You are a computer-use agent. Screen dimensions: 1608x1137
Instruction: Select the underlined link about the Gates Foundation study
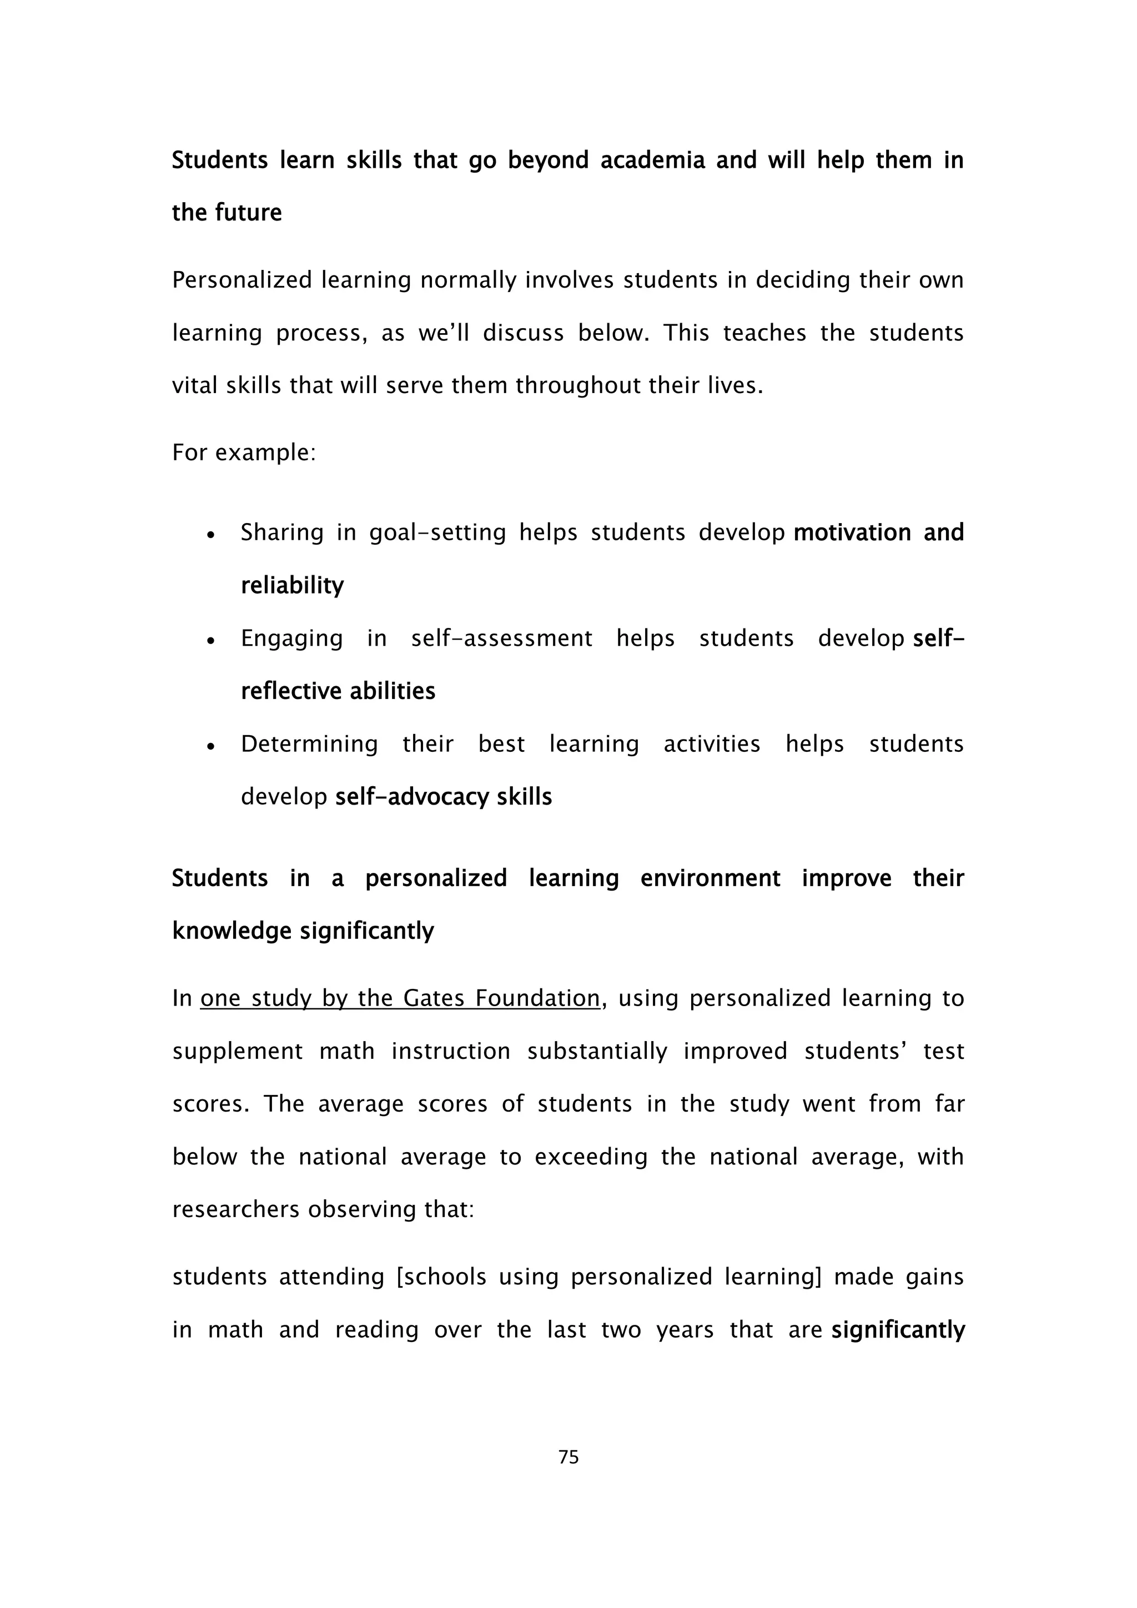[x=400, y=998]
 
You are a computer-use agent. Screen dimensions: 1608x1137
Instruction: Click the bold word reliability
[x=292, y=585]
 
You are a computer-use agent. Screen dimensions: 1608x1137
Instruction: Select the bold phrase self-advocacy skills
[x=443, y=797]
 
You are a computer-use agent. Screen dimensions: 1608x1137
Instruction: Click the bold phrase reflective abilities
[x=338, y=691]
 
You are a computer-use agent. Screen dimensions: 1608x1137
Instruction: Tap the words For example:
[x=244, y=453]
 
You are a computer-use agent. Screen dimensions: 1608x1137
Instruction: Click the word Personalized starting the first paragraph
[x=242, y=280]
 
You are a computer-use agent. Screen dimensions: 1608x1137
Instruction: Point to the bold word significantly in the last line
[x=898, y=1329]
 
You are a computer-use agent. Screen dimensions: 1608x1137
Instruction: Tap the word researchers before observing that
[x=236, y=1209]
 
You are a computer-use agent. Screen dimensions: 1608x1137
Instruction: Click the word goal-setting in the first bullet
[x=437, y=533]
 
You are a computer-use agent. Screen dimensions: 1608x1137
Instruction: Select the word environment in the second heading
[x=710, y=878]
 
